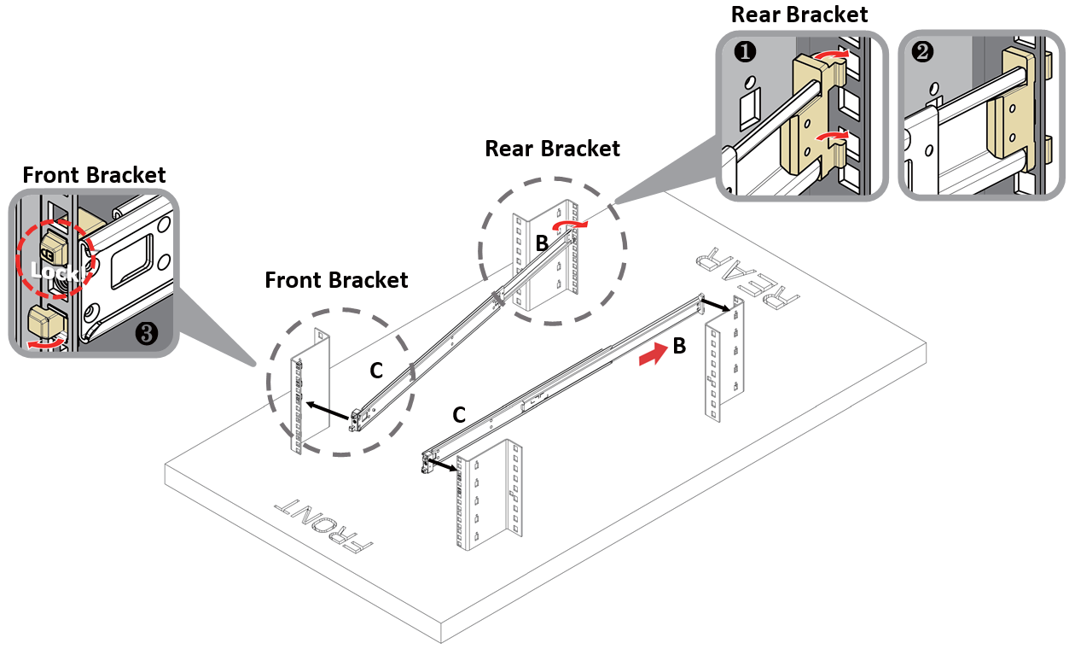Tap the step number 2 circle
point(922,52)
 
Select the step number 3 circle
point(147,334)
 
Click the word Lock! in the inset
point(55,272)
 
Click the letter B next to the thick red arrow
point(679,347)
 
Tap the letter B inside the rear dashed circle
point(542,243)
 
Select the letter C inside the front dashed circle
point(375,371)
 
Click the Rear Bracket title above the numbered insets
point(799,15)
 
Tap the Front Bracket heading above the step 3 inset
point(94,175)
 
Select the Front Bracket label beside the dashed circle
point(336,280)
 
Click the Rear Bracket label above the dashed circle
point(552,149)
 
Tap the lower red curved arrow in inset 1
point(829,136)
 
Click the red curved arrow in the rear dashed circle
point(569,224)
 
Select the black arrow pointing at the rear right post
point(715,305)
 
